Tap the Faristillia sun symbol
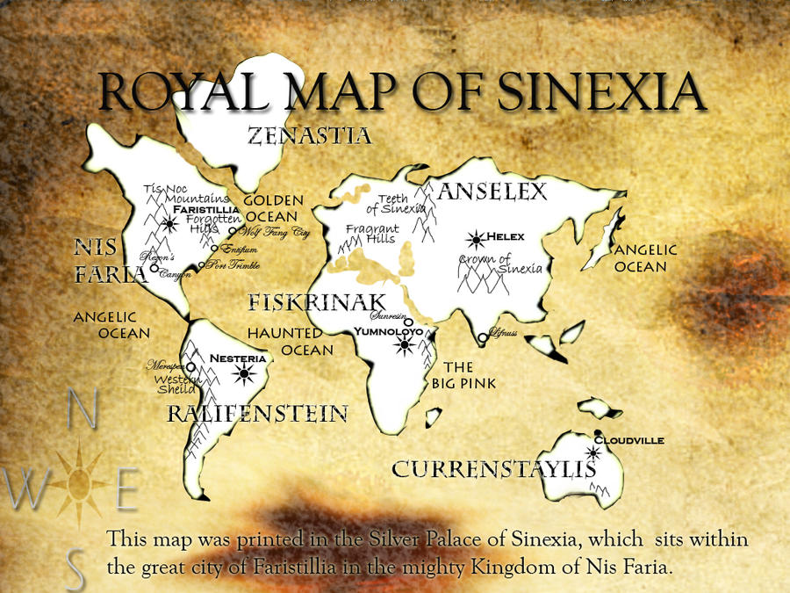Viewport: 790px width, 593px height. click(167, 224)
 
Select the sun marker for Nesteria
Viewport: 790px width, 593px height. click(244, 375)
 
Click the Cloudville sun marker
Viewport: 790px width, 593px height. click(594, 453)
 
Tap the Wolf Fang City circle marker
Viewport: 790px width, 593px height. click(233, 232)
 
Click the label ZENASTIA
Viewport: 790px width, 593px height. click(309, 136)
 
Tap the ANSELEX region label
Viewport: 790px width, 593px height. click(492, 191)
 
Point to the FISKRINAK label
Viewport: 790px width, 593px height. click(317, 303)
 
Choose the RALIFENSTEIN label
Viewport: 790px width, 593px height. click(257, 413)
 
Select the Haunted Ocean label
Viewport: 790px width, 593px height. click(290, 341)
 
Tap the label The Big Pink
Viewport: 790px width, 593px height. click(463, 374)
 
